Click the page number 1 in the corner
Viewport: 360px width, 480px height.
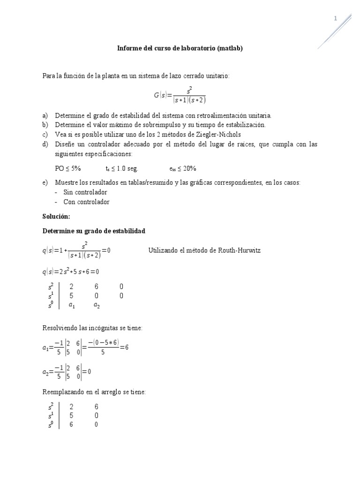335,18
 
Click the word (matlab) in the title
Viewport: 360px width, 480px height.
230,48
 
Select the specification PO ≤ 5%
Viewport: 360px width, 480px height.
68,168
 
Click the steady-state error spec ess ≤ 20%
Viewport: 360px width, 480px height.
183,168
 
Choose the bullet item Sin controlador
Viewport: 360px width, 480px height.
85,192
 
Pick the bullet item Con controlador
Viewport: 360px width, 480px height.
86,202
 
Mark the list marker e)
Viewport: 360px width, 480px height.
45,183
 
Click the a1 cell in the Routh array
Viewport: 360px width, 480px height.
72,305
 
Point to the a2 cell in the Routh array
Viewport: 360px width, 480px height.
97,305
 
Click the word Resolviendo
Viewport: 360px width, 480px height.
60,328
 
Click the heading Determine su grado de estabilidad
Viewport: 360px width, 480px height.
94,231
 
